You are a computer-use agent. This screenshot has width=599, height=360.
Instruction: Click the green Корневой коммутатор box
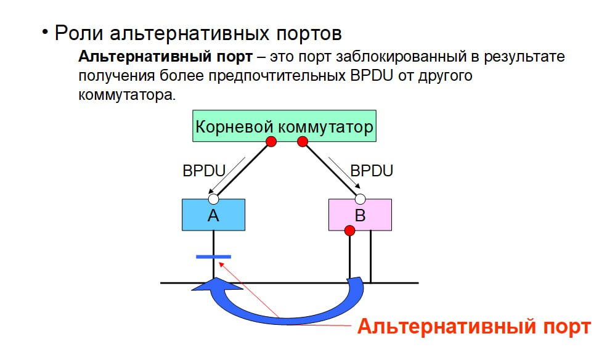[x=284, y=126]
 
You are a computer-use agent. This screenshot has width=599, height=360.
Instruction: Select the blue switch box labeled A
[x=213, y=215]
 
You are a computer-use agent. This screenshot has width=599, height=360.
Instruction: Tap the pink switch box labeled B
[x=360, y=215]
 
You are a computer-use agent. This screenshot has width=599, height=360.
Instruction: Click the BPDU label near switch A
[x=204, y=171]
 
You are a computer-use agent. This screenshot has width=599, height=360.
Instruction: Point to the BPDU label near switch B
[x=371, y=171]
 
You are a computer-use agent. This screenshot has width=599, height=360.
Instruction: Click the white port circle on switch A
[x=213, y=199]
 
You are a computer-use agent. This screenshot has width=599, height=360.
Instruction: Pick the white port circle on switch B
[x=361, y=199]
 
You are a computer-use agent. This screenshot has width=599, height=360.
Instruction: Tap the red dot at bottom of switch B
[x=349, y=231]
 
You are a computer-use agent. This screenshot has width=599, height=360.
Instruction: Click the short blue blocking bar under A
[x=213, y=256]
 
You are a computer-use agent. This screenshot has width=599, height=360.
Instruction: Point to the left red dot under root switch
[x=271, y=142]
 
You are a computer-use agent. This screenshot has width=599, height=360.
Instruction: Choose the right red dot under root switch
[x=303, y=142]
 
